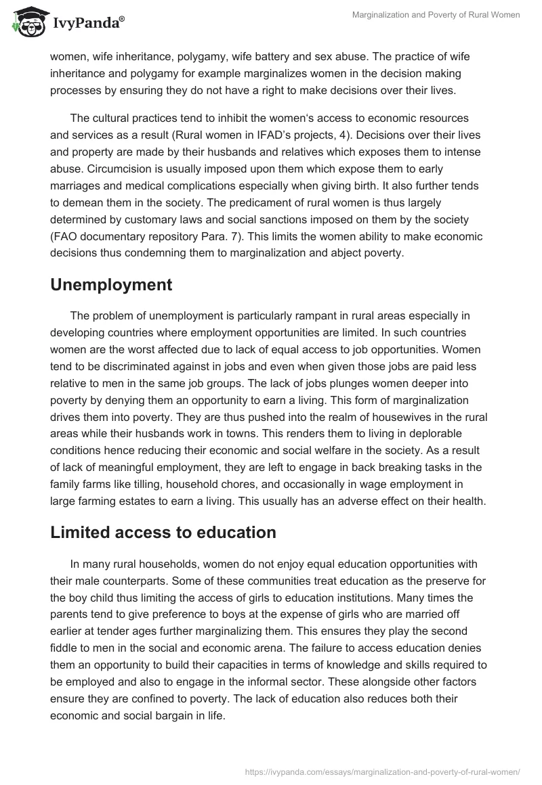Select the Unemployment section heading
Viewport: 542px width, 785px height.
pos(111,285)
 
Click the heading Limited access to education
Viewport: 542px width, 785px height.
pos(163,533)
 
